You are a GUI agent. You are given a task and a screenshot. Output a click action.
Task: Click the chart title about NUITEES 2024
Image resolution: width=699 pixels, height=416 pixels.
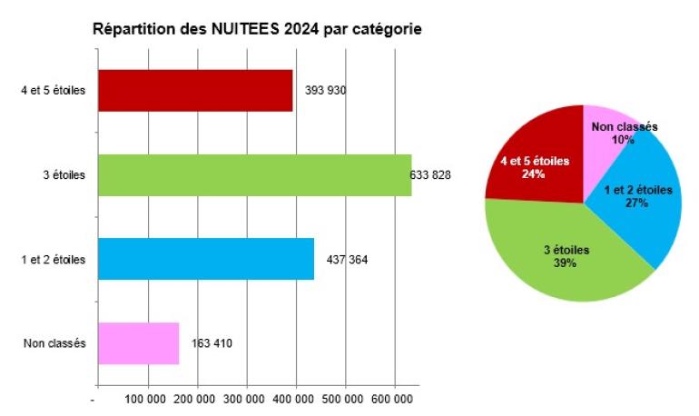[x=258, y=29]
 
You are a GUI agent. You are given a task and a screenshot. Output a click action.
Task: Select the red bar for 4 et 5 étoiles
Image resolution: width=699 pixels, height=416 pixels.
[x=194, y=90]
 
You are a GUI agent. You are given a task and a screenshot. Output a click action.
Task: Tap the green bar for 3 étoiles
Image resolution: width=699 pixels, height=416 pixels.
[x=253, y=174]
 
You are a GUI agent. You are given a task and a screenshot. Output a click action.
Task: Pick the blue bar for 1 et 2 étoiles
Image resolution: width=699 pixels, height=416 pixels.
[x=205, y=259]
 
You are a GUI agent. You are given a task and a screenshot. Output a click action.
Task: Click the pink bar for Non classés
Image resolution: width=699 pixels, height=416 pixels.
[x=137, y=343]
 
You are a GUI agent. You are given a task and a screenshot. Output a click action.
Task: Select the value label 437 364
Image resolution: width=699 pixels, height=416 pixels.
[x=347, y=260]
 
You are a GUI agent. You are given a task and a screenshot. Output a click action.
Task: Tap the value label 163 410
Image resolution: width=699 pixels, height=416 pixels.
[x=212, y=344]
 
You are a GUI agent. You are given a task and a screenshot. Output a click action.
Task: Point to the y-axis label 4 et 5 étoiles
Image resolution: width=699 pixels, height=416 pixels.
[x=54, y=90]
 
